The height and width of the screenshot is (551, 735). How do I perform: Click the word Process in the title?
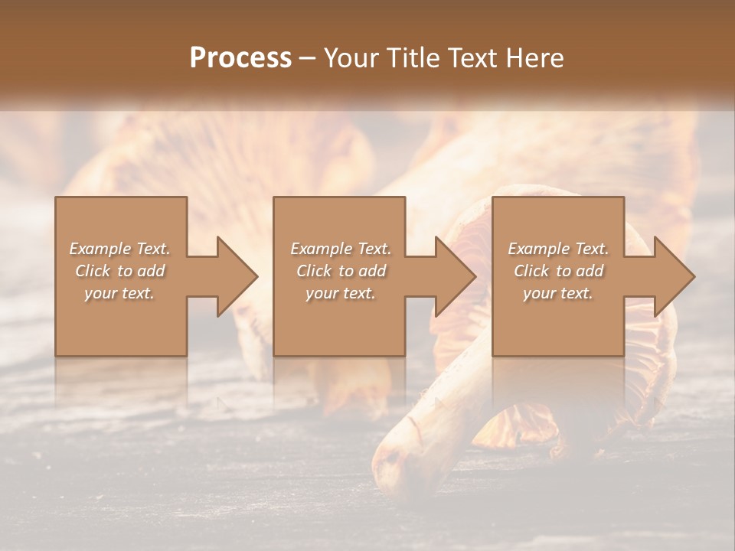coord(240,58)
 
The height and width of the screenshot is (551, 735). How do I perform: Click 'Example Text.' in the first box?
coord(119,249)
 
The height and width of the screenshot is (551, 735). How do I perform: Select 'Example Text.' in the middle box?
coord(340,249)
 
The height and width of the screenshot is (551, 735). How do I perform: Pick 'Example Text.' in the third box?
coord(558,249)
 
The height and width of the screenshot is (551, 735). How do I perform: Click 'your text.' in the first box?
coord(119,293)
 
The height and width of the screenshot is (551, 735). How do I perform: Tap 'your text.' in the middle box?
coord(340,293)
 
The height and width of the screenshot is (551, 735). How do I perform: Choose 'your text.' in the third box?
coord(558,293)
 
